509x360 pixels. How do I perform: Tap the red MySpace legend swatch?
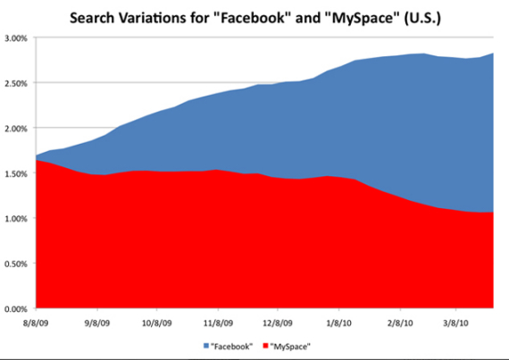point(265,345)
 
